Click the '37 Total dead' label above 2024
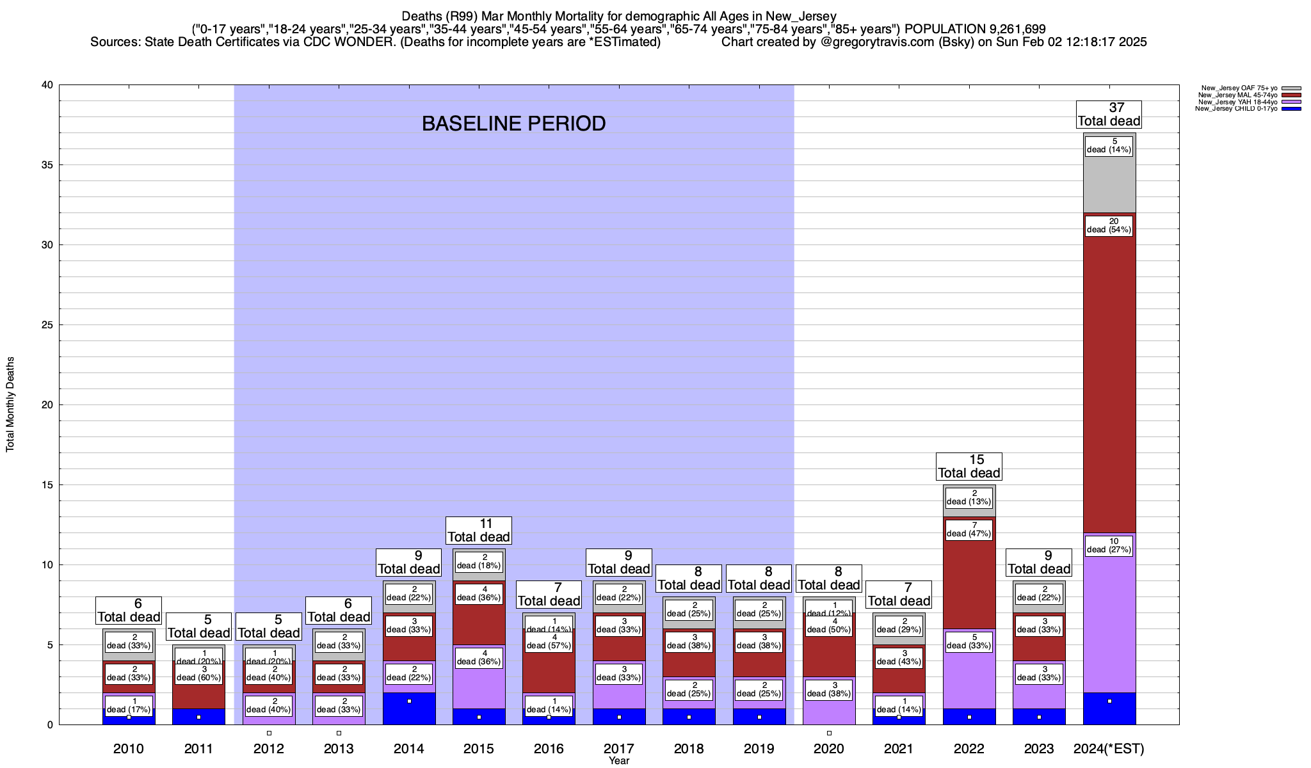click(x=1109, y=115)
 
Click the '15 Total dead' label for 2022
click(x=969, y=467)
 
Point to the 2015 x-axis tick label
click(x=478, y=748)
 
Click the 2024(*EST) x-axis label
click(x=1109, y=748)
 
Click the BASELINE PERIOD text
click(x=513, y=124)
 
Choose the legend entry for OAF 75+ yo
click(x=1239, y=88)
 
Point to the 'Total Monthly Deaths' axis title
click(x=10, y=404)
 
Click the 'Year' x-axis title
click(x=619, y=761)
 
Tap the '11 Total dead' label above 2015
click(x=478, y=531)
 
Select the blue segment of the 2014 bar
click(x=409, y=708)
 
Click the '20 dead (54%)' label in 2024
click(x=1109, y=225)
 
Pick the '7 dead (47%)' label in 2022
click(x=969, y=529)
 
